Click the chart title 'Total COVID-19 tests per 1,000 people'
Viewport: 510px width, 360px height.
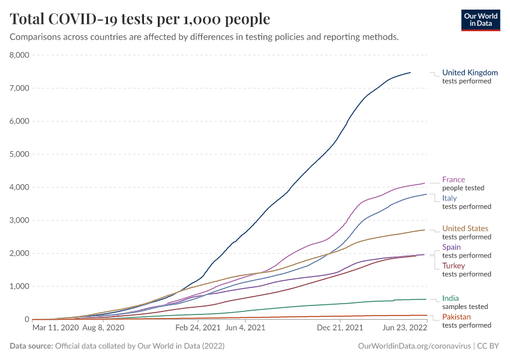pyautogui.click(x=140, y=19)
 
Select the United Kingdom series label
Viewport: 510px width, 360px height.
pyautogui.click(x=470, y=73)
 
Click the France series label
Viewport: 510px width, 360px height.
pyautogui.click(x=454, y=179)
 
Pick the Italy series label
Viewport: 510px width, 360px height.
pyautogui.click(x=449, y=198)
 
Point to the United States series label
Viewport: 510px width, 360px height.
pyautogui.click(x=465, y=229)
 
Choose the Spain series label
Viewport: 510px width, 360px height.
pyautogui.click(x=451, y=247)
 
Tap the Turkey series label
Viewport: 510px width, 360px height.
pyautogui.click(x=453, y=266)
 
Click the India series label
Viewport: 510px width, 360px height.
pyautogui.click(x=451, y=298)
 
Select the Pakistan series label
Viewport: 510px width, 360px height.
pyautogui.click(x=456, y=317)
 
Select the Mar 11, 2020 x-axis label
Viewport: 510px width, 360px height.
pyautogui.click(x=55, y=328)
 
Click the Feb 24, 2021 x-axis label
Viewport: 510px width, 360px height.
pyautogui.click(x=198, y=328)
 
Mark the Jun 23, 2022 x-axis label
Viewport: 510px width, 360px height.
pyautogui.click(x=404, y=328)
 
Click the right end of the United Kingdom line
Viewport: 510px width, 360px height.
pyautogui.click(x=410, y=73)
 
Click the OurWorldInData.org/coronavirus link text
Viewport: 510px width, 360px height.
pyautogui.click(x=414, y=346)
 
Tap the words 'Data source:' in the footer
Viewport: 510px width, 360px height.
pyautogui.click(x=31, y=346)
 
